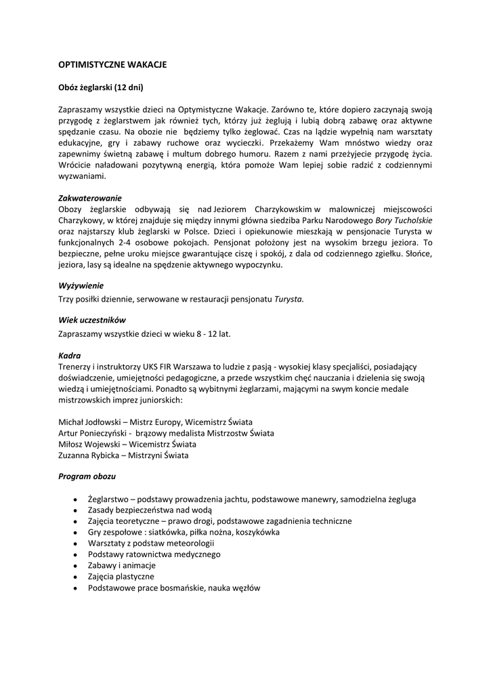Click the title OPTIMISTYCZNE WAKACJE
point(112,65)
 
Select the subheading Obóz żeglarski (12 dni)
point(101,87)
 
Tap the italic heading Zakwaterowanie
point(91,198)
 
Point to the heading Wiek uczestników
point(92,320)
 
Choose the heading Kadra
point(70,355)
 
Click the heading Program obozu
point(87,476)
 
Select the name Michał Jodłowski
point(89,422)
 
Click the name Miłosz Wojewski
point(88,444)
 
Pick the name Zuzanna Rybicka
point(89,455)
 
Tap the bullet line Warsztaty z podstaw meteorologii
point(146,543)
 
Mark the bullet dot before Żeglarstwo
point(74,499)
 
